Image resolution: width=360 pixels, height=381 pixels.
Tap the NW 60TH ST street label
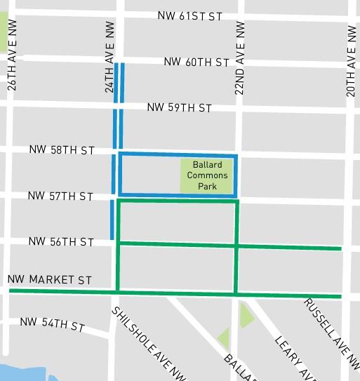(197, 62)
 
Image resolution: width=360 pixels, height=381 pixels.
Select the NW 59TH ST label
(180, 108)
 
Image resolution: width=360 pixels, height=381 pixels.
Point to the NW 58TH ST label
(62, 150)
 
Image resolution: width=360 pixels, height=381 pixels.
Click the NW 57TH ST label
(60, 196)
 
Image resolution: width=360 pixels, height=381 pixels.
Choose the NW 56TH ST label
(61, 242)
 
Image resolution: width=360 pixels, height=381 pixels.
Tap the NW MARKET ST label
(50, 280)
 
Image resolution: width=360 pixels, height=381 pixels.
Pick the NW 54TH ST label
(52, 326)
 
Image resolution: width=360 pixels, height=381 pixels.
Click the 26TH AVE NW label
(11, 65)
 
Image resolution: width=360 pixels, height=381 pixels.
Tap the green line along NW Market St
(175, 293)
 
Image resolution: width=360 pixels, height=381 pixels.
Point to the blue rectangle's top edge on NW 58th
(178, 154)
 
